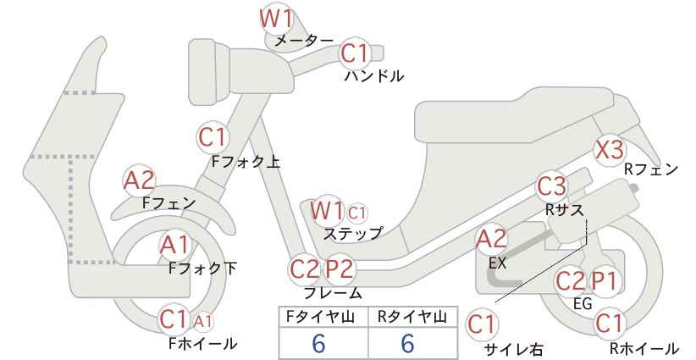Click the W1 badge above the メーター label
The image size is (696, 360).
click(276, 19)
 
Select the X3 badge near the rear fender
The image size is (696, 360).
click(610, 150)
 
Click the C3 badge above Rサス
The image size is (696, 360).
click(551, 186)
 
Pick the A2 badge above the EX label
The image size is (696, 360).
click(491, 240)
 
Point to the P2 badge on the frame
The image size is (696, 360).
click(340, 269)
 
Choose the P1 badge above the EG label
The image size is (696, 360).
click(604, 280)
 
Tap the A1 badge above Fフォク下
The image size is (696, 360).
click(175, 245)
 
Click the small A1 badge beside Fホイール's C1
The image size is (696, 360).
click(202, 321)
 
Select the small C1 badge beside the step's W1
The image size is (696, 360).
click(357, 213)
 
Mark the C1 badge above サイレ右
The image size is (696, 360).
click(482, 325)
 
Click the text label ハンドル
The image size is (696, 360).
click(374, 76)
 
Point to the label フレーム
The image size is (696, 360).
click(333, 293)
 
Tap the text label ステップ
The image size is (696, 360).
click(353, 234)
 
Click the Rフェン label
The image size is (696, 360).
click(651, 169)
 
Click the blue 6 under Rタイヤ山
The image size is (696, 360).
click(407, 343)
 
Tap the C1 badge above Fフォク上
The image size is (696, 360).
click(213, 137)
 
